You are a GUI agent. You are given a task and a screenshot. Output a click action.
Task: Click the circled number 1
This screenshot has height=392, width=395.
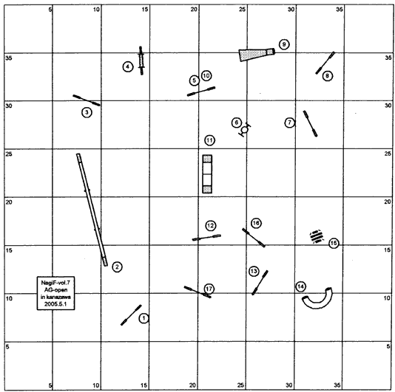pos(144,318)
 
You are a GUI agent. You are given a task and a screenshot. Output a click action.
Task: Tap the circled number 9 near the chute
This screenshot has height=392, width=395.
pos(284,44)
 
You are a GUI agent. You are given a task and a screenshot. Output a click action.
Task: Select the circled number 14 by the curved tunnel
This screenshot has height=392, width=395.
pos(301,286)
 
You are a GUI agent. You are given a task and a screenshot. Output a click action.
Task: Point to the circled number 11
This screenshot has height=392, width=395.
pos(209,140)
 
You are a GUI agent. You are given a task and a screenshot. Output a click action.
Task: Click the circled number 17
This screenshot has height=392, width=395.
pos(209,289)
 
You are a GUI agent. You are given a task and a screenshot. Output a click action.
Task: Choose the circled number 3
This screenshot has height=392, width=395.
pos(87,112)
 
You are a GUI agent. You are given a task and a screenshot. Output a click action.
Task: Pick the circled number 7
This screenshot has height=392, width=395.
pos(290,123)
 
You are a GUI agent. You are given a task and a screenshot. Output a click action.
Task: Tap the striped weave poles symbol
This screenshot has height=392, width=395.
pos(317,237)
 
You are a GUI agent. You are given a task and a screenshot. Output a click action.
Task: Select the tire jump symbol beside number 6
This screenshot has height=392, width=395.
pos(245,130)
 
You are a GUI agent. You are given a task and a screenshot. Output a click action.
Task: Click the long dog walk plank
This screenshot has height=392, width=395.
pos(92,210)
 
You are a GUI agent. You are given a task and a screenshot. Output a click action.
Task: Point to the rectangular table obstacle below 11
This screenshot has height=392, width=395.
pos(207,174)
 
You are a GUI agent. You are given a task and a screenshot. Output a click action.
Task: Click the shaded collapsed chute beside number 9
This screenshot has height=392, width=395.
pos(257,55)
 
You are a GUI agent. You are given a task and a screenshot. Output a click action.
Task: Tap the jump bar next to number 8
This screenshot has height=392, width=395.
pos(325,63)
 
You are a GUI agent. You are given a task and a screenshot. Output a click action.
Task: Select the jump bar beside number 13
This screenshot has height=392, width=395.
pos(260,283)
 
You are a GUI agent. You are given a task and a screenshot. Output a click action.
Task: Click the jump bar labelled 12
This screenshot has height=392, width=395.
pos(206,238)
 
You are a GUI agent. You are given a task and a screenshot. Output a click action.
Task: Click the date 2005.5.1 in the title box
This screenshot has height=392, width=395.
pos(55,303)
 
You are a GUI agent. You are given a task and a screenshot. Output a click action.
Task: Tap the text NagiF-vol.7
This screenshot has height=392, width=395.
pos(55,283)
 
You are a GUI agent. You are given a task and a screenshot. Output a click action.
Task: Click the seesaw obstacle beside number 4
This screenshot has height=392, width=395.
pos(141,61)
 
